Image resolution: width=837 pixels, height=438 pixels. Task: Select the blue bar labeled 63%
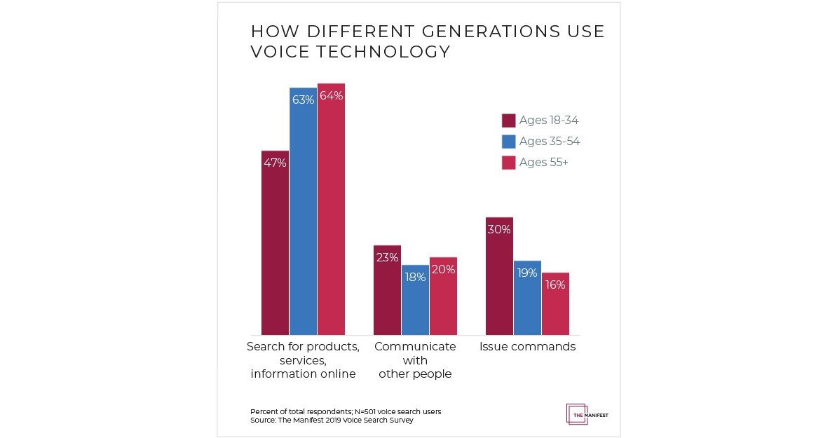[303, 211]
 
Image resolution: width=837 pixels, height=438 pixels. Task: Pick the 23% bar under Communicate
[387, 290]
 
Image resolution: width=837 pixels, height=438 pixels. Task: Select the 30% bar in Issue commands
[499, 276]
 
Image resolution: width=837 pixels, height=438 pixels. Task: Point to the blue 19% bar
[527, 298]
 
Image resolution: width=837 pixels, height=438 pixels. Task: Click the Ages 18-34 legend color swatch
[509, 121]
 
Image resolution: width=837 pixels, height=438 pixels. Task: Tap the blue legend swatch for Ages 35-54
[509, 142]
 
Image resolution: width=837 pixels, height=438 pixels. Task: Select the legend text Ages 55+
[543, 163]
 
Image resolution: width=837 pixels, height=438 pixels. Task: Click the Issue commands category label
[527, 347]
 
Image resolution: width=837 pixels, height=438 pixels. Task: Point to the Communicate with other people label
[415, 360]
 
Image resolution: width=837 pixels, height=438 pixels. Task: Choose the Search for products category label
[303, 360]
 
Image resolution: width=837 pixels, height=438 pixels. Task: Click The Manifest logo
[587, 413]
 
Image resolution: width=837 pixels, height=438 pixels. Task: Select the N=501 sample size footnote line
[346, 411]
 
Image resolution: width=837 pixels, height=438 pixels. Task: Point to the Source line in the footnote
[332, 420]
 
